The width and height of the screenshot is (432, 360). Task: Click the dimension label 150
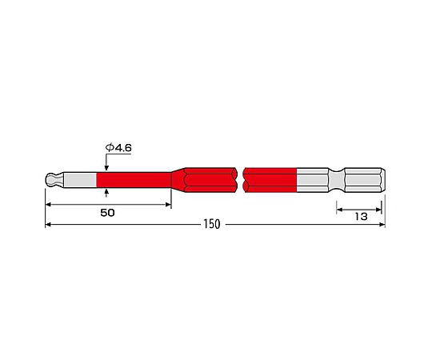point(212,224)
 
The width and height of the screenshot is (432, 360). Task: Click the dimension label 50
point(107,213)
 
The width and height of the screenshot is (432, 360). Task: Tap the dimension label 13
point(361,217)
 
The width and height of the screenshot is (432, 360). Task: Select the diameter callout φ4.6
point(118,148)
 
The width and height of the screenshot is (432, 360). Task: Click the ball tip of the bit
point(51,180)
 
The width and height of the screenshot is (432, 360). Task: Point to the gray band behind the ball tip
point(82,180)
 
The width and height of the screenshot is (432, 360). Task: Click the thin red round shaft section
point(134,180)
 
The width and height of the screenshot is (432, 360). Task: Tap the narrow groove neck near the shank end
point(336,180)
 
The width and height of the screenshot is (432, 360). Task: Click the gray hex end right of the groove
point(365,180)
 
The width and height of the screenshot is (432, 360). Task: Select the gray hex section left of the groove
point(313,180)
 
